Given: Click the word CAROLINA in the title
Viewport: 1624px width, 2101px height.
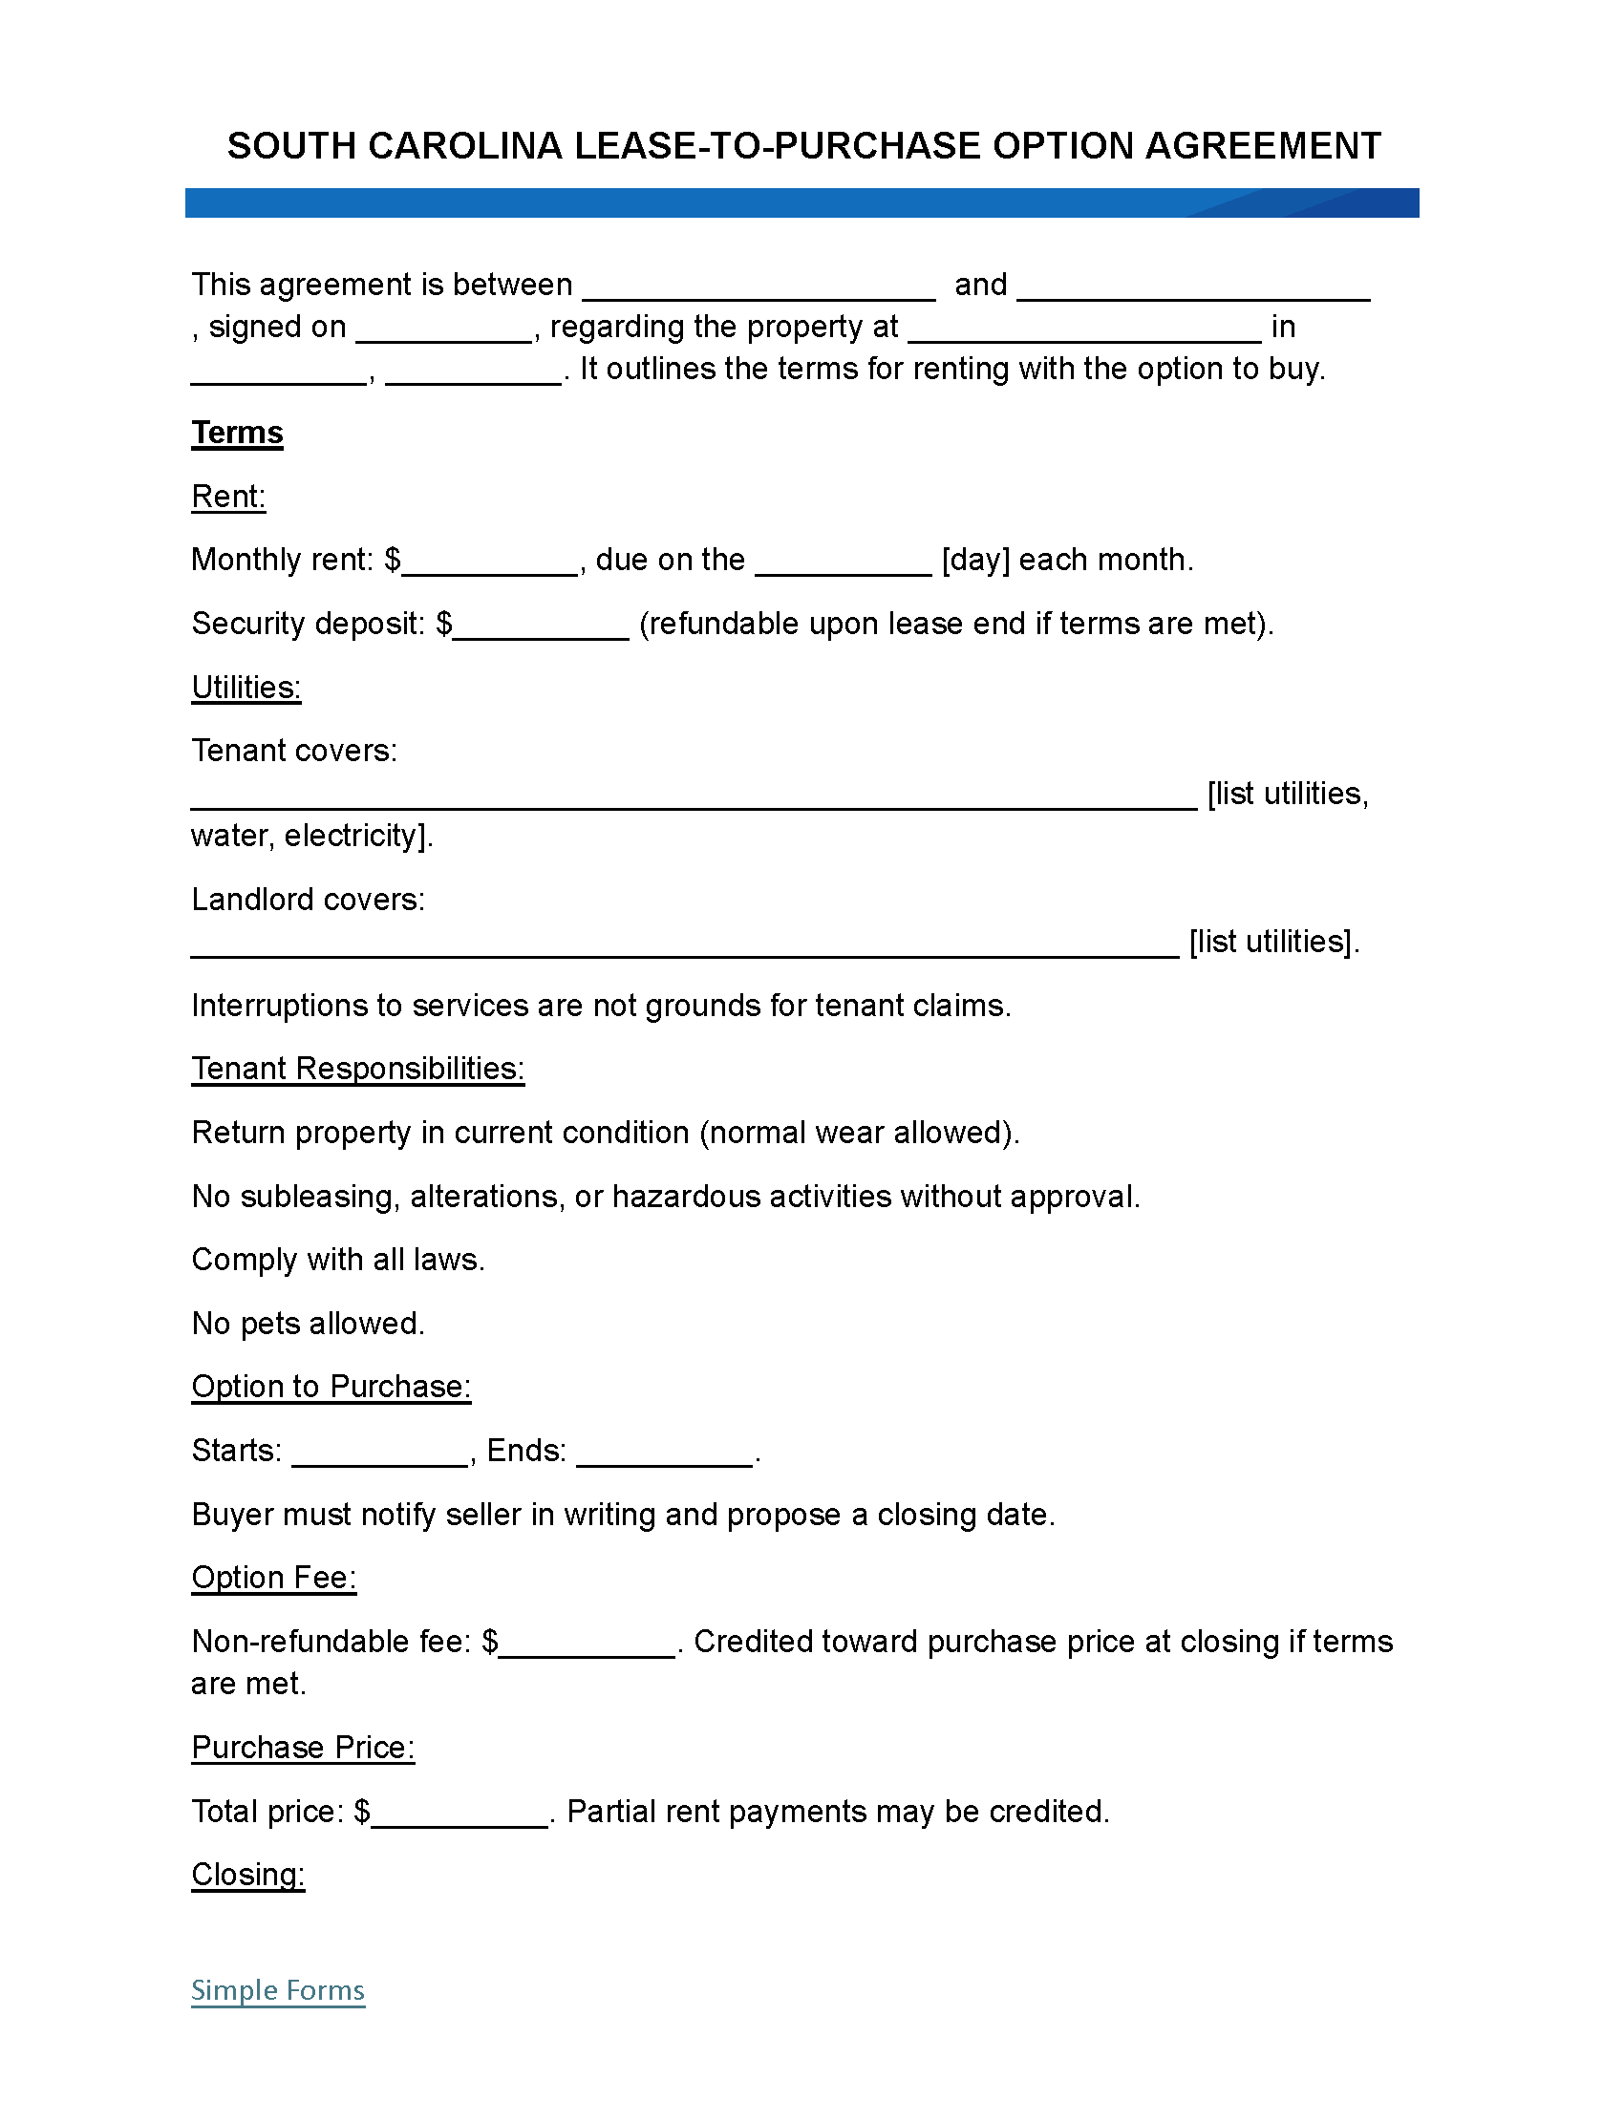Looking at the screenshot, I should coord(464,146).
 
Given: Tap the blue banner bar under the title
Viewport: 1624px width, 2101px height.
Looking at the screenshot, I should coord(801,203).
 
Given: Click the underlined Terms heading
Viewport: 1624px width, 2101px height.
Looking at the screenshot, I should coord(237,433).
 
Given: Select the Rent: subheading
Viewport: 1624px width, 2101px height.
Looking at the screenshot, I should coord(228,497).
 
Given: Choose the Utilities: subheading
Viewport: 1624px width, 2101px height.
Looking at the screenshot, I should coord(246,687).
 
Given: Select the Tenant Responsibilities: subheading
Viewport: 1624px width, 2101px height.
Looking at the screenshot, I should coord(358,1069).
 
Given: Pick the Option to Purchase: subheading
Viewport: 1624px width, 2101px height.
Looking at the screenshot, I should coord(331,1387).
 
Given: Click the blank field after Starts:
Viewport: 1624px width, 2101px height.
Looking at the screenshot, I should coord(379,1455).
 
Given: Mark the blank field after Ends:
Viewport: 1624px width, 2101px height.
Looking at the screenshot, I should coord(664,1455).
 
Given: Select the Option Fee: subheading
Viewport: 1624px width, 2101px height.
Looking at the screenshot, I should coord(274,1578).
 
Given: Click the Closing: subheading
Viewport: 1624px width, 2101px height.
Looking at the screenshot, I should coord(248,1874).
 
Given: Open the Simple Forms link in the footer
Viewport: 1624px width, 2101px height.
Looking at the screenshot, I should coord(278,1990).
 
